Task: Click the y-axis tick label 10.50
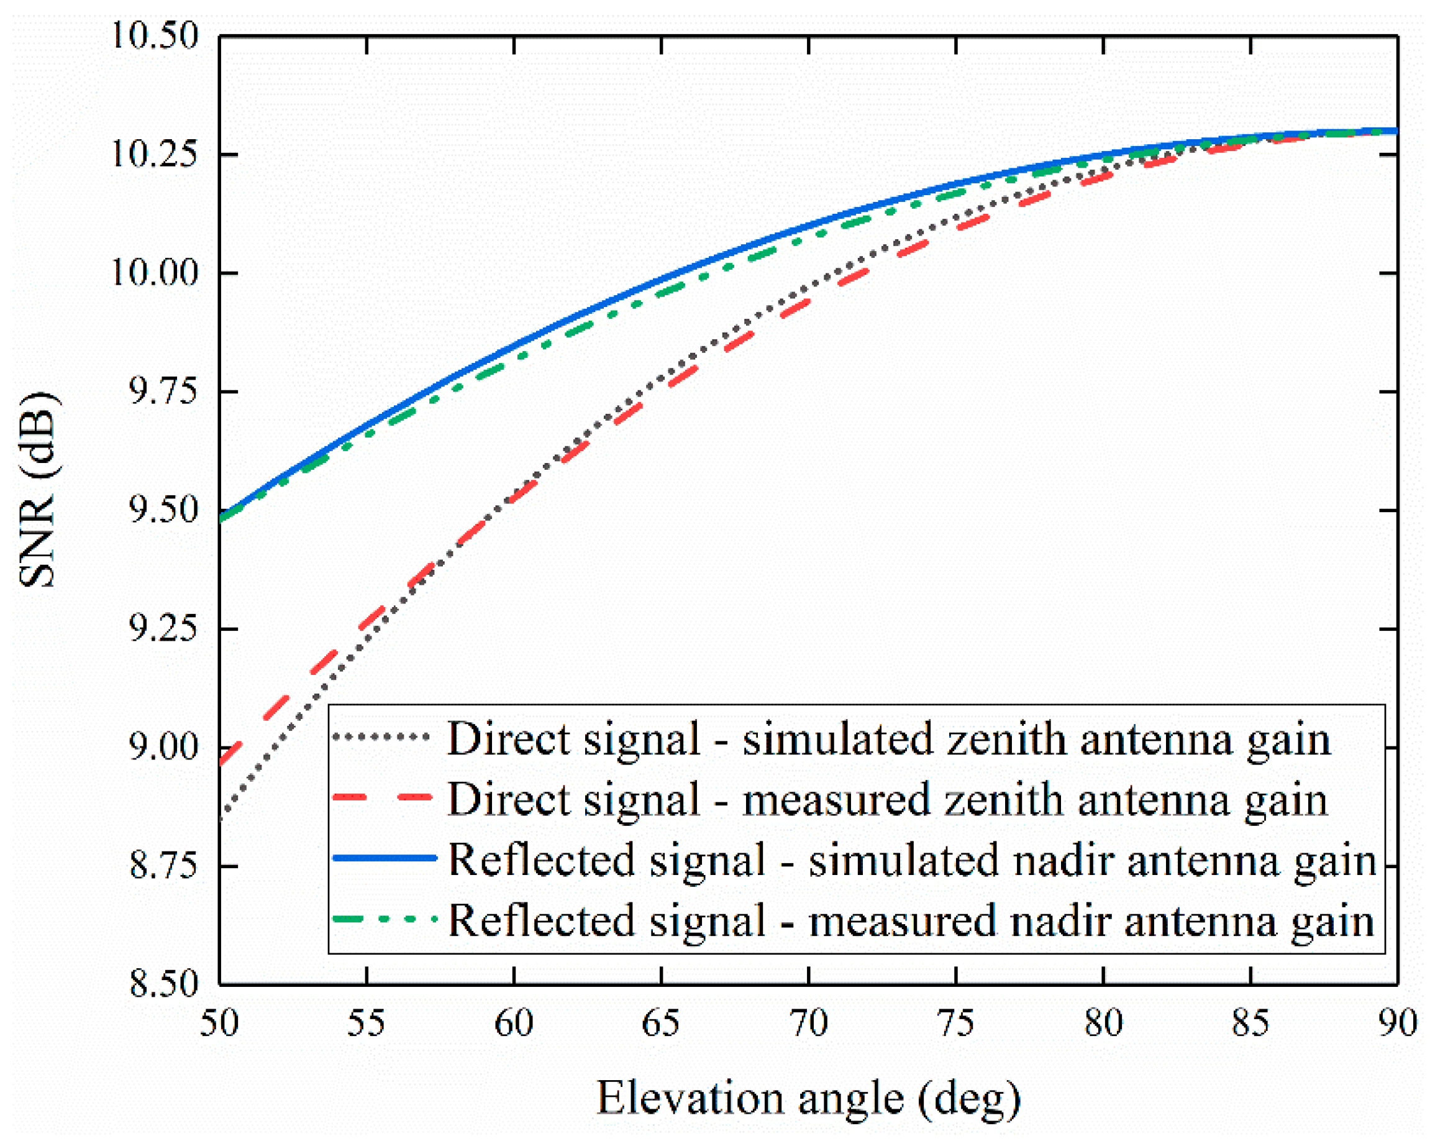155,36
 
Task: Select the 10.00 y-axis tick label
155,273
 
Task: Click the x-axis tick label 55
366,1022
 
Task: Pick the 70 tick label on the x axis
809,1022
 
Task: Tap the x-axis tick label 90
1397,1022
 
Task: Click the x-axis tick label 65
660,1022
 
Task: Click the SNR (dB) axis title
39,490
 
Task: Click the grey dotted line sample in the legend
383,737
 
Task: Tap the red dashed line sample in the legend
383,798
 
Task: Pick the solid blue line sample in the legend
383,858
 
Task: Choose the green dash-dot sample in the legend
383,919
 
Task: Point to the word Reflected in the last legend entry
540,921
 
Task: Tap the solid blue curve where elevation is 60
514,345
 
